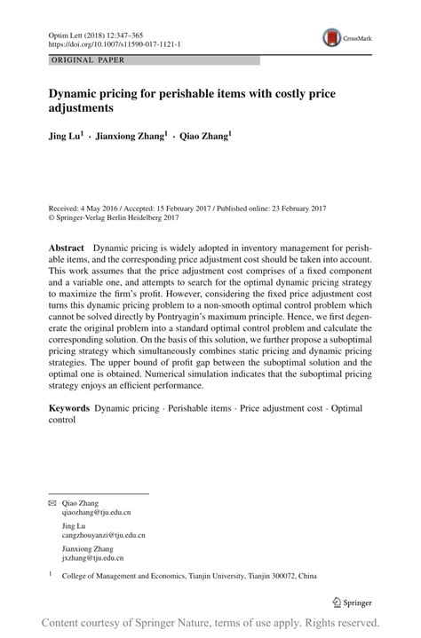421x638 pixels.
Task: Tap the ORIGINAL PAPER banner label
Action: coord(86,60)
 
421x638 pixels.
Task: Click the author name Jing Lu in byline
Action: coord(66,138)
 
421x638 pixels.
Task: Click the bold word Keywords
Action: coord(68,409)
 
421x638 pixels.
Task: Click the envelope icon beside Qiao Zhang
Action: coord(52,502)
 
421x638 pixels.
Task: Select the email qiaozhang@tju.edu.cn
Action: coord(96,513)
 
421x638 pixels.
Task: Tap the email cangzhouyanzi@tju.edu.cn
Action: coord(103,536)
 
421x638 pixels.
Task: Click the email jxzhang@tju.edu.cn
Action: coord(92,558)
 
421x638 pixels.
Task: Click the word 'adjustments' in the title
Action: coord(89,107)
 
